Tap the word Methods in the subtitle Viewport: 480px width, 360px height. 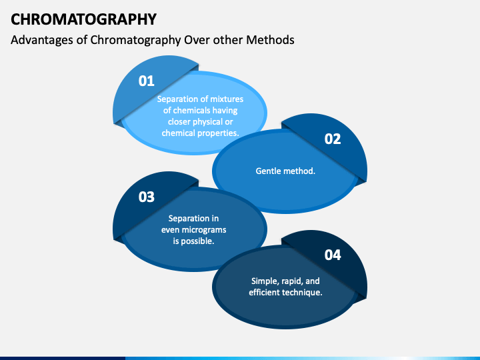[271, 40]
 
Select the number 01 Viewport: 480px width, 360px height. [146, 81]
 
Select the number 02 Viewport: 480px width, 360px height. [332, 139]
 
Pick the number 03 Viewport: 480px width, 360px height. [146, 197]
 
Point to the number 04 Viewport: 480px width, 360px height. [332, 255]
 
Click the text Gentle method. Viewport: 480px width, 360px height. [285, 171]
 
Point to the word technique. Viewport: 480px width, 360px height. [303, 292]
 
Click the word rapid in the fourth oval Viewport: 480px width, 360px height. [295, 281]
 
